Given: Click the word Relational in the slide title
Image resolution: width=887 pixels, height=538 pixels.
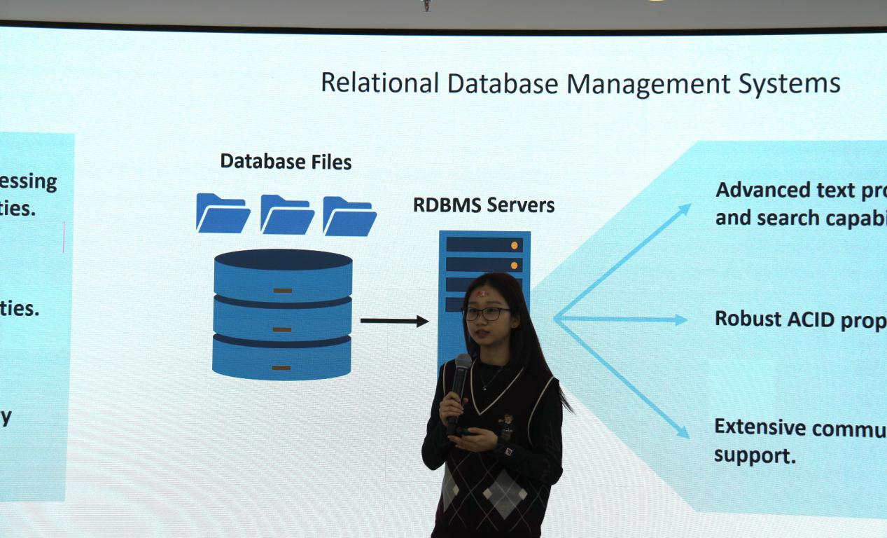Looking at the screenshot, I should (x=379, y=83).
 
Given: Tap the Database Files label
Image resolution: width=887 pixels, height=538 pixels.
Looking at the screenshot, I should (x=286, y=162).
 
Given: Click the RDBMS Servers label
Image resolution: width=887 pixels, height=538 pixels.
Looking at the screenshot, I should (x=484, y=205).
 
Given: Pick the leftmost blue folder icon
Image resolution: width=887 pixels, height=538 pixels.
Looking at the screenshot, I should (x=223, y=214).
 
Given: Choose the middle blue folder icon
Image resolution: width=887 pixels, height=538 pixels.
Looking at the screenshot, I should (x=287, y=215).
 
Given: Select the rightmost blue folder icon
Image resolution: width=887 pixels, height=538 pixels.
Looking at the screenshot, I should (x=349, y=216).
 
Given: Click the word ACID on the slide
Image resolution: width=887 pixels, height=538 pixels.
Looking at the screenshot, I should (x=811, y=319).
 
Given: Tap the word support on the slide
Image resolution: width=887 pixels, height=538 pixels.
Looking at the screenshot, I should (x=754, y=455).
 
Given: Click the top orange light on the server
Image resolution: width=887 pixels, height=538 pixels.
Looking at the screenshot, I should (x=515, y=245).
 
